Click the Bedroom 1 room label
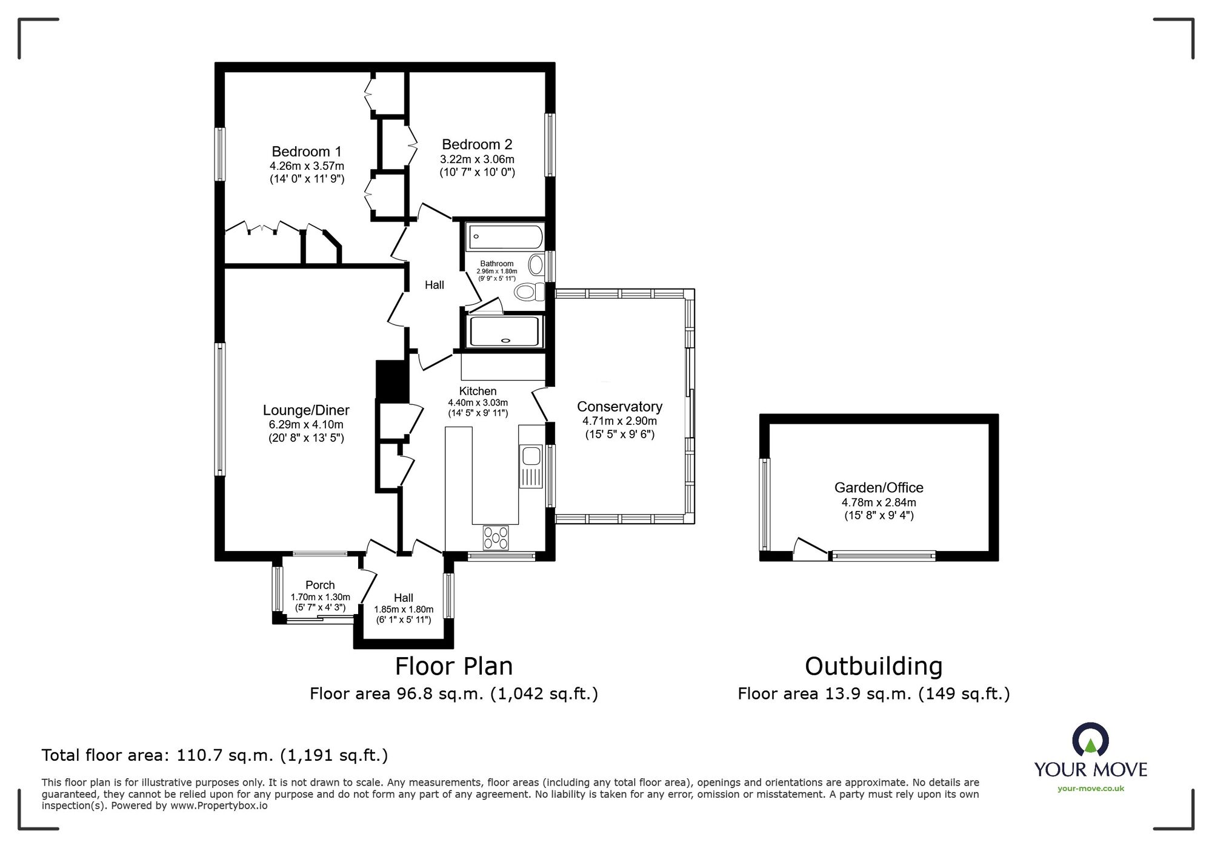point(307,152)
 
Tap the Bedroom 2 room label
point(477,144)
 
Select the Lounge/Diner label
point(306,410)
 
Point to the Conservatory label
point(619,407)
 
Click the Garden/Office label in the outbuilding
point(879,487)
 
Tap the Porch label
point(320,585)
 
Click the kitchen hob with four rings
point(496,538)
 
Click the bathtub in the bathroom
point(504,237)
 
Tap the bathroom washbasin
point(536,265)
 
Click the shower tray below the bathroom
point(504,332)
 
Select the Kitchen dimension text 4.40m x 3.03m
point(478,402)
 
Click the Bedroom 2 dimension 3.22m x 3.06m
point(477,159)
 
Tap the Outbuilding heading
point(873,666)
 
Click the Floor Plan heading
point(454,666)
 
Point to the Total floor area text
point(215,755)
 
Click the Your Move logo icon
point(1090,739)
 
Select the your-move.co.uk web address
point(1091,789)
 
